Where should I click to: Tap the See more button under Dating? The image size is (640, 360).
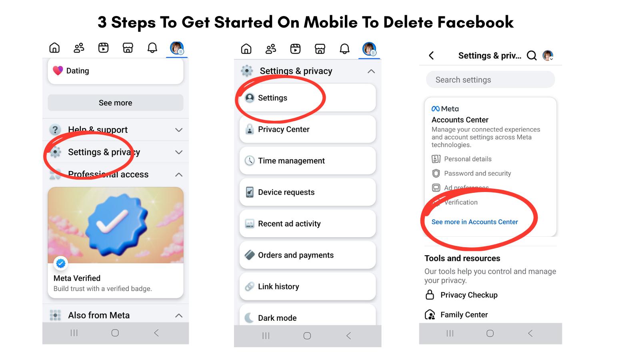pyautogui.click(x=115, y=103)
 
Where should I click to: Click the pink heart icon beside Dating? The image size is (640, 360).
pyautogui.click(x=58, y=71)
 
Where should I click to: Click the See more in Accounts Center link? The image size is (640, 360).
pyautogui.click(x=474, y=222)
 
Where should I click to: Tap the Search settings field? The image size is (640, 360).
pyautogui.click(x=490, y=80)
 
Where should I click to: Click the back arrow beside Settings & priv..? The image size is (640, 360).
pyautogui.click(x=431, y=56)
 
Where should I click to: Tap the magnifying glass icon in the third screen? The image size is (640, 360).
pyautogui.click(x=532, y=56)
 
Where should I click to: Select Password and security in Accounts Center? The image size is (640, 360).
pyautogui.click(x=477, y=173)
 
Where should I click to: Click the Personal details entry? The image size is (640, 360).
pyautogui.click(x=468, y=159)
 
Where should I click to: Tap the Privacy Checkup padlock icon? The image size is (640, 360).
pyautogui.click(x=430, y=295)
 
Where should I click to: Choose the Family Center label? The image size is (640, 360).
pyautogui.click(x=464, y=315)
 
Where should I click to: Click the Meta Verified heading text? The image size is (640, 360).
pyautogui.click(x=77, y=278)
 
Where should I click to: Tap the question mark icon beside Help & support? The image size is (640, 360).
pyautogui.click(x=55, y=130)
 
